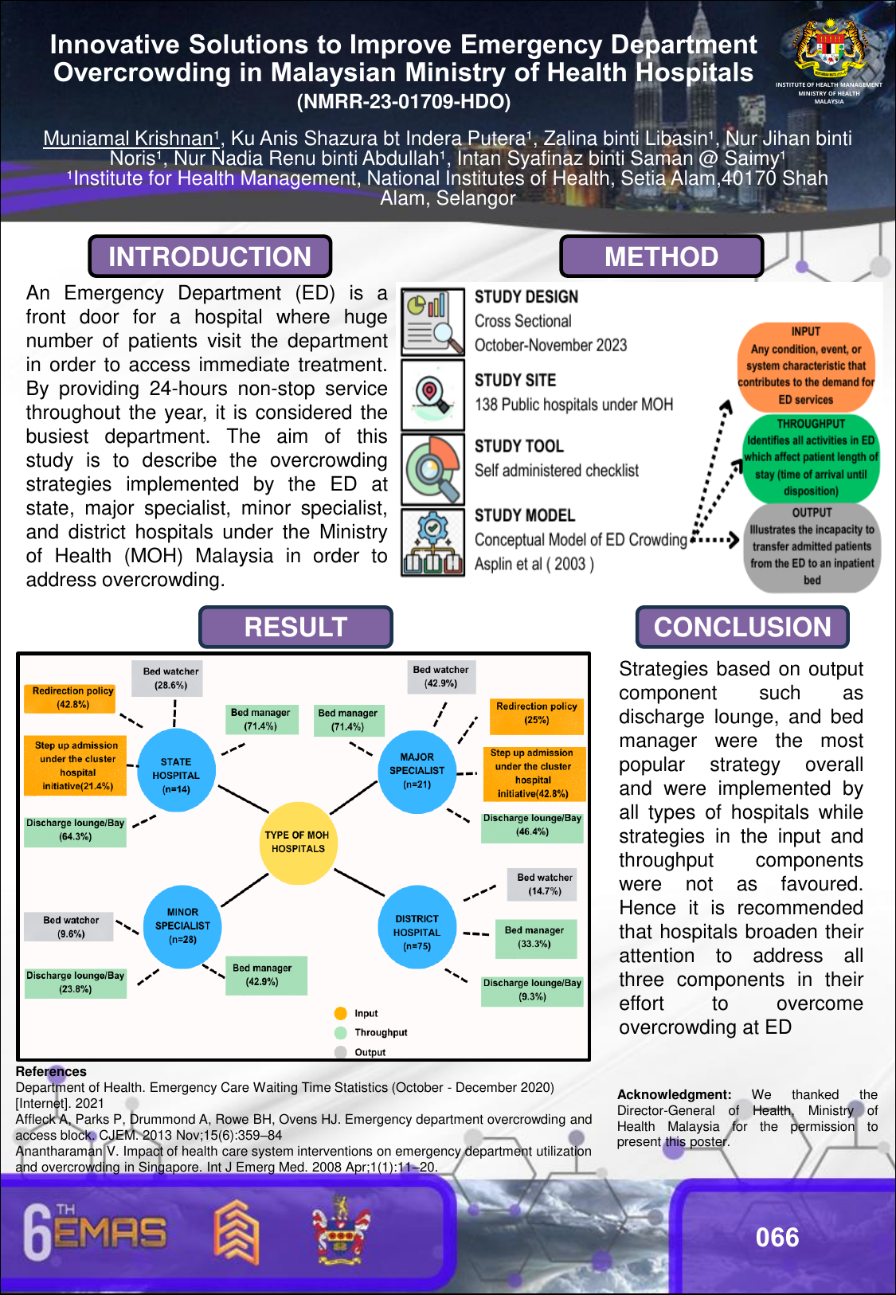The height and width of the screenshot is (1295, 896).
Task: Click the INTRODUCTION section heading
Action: [209, 256]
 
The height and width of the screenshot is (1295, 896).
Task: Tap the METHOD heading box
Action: [661, 256]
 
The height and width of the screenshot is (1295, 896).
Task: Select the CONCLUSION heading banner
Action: [741, 627]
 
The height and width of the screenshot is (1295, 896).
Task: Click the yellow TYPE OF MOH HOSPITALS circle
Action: [297, 843]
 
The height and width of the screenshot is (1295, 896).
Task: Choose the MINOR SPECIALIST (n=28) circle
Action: [182, 926]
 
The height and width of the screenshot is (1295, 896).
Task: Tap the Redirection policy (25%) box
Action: [536, 714]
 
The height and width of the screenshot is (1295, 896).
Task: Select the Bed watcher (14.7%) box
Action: [545, 884]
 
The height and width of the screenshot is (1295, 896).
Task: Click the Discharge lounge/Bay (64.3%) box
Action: [76, 830]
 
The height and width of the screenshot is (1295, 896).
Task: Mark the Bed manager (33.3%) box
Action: [534, 937]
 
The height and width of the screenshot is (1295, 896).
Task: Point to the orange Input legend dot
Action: [341, 1013]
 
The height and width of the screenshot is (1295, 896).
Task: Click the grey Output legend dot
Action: [341, 1052]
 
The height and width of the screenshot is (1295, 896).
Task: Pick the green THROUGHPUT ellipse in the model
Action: [811, 458]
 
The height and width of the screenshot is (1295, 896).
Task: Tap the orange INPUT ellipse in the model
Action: [806, 366]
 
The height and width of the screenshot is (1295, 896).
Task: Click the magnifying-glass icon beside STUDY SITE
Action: [432, 393]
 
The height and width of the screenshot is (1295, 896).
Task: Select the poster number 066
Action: [777, 1237]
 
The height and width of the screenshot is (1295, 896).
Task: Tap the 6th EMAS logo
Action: [95, 1233]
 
